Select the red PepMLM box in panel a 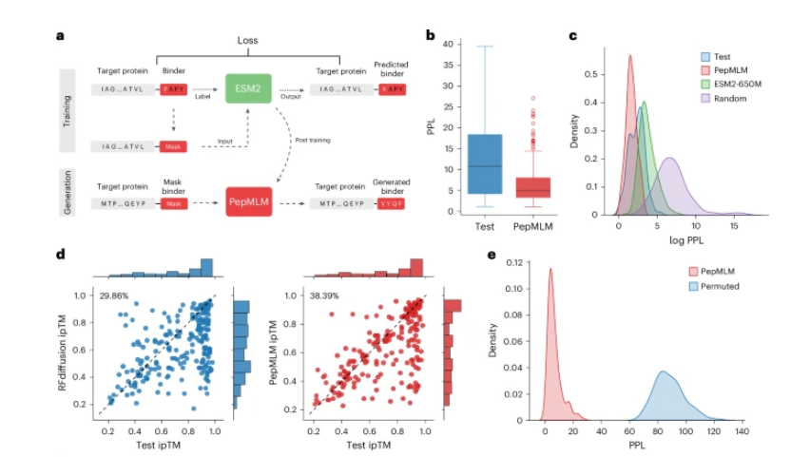tap(250, 202)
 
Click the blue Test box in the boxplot tap(485, 163)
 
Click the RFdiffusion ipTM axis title tap(62, 352)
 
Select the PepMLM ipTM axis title tap(275, 352)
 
